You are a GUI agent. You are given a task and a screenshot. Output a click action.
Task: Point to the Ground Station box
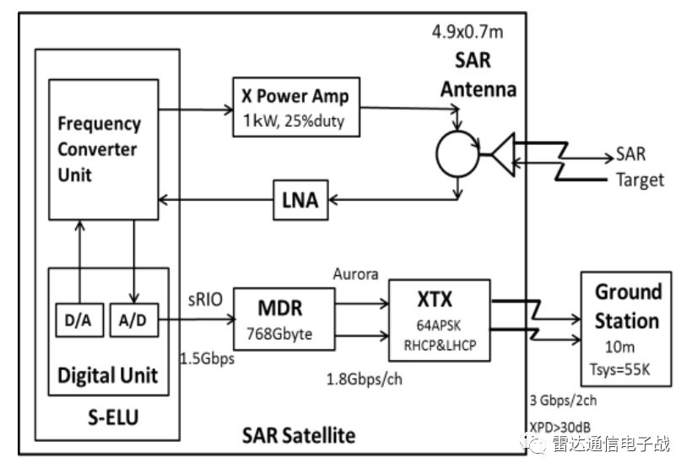[x=627, y=329]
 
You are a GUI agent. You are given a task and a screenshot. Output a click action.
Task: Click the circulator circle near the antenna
[x=456, y=154]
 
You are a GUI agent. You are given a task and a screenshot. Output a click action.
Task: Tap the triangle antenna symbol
[x=501, y=154]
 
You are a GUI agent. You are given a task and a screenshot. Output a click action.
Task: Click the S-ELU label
[x=107, y=417]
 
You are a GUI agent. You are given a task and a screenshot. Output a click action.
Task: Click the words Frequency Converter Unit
[x=99, y=149]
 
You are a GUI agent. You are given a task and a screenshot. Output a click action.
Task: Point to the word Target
[x=639, y=180]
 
